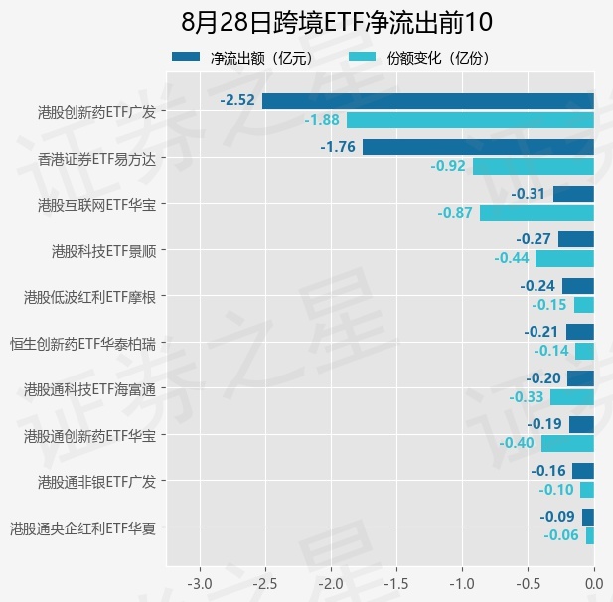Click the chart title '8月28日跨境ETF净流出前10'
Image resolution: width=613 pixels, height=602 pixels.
tap(337, 22)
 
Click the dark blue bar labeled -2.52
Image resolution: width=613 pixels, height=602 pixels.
tap(428, 101)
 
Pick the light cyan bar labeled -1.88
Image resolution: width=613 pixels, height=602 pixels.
tap(470, 120)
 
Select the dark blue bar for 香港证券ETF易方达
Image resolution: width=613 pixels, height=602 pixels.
tap(478, 147)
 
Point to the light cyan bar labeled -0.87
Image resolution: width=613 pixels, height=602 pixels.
tap(536, 213)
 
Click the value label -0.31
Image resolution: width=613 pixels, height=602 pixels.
tap(528, 194)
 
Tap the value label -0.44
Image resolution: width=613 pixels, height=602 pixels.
tap(512, 258)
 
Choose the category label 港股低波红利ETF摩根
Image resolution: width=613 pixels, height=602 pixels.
tap(90, 297)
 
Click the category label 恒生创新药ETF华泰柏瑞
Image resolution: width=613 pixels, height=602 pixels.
tap(82, 344)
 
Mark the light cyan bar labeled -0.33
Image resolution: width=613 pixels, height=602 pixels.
tap(572, 397)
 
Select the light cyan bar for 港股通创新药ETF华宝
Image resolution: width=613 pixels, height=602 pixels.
tap(567, 444)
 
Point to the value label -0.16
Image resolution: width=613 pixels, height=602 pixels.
tap(548, 471)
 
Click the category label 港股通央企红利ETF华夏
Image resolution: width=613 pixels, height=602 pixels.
tap(82, 528)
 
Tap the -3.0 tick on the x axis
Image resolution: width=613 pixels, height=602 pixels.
tap(200, 584)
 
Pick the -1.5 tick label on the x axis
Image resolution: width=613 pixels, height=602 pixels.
tap(396, 584)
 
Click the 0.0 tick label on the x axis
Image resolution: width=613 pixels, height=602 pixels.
tap(594, 584)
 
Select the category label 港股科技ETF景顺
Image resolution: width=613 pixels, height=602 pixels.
tap(104, 251)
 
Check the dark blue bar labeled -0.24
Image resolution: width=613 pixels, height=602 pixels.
tap(578, 286)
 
